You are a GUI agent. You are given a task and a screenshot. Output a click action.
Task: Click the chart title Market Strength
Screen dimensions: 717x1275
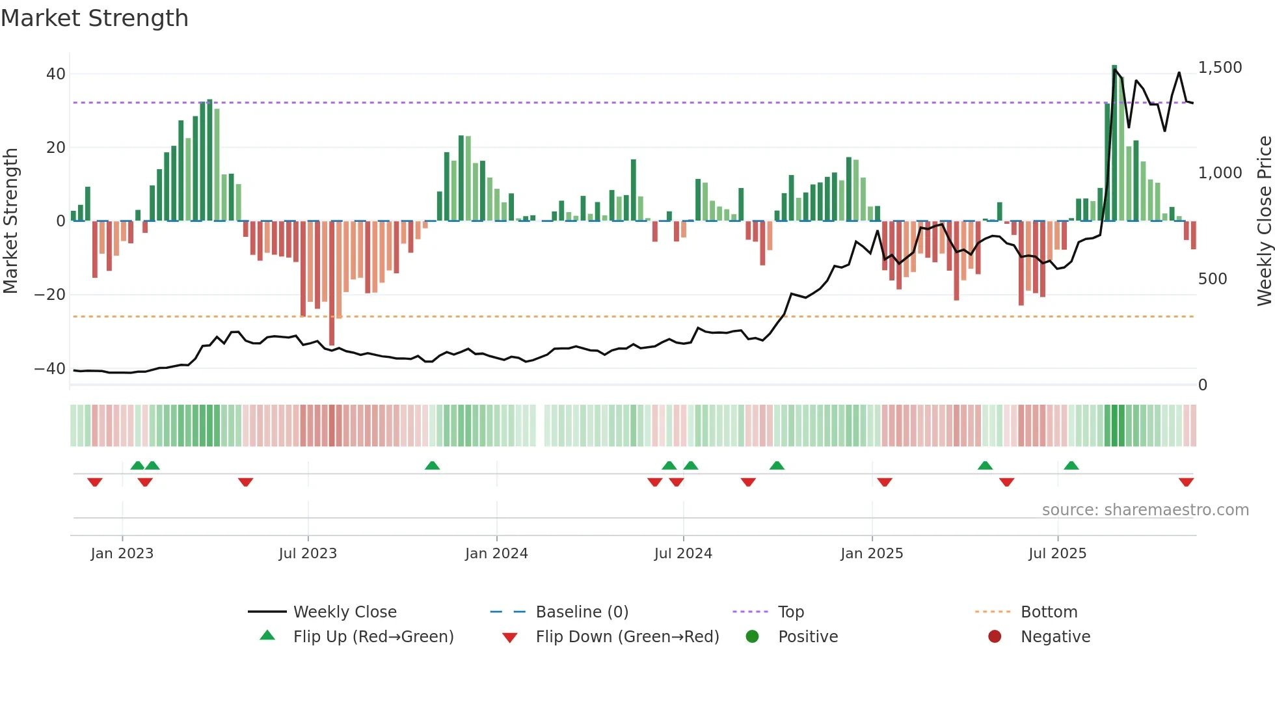tap(94, 18)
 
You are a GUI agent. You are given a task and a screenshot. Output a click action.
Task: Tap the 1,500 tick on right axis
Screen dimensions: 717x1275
tap(1220, 68)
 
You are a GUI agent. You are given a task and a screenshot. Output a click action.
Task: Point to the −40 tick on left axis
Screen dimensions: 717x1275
tap(49, 369)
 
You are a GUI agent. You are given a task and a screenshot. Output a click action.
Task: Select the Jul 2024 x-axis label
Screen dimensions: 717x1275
tap(683, 554)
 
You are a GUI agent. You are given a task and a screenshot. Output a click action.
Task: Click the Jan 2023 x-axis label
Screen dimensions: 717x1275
tap(122, 554)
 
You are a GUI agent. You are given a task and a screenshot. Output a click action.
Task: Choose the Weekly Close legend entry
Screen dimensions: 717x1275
tap(344, 612)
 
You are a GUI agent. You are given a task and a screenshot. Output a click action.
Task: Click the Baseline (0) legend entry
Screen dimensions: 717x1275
tap(582, 612)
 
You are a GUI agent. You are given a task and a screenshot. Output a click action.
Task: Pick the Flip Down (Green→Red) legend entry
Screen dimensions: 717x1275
tap(627, 637)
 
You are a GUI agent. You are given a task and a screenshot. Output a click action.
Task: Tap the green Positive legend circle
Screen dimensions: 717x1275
tap(752, 637)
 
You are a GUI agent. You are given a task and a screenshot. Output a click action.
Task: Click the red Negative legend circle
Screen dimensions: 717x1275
tap(995, 637)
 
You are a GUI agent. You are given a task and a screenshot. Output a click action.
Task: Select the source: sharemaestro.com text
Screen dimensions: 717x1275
tap(1145, 510)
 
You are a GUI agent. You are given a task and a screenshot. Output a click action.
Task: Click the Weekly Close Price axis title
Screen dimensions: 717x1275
tap(1264, 221)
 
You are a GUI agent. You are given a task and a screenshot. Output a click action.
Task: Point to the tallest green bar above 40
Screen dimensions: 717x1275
tap(1114, 143)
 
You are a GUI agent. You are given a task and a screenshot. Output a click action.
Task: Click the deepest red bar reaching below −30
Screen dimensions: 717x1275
tap(332, 283)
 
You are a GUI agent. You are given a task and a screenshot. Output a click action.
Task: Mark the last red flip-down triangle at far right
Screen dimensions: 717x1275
tap(1186, 482)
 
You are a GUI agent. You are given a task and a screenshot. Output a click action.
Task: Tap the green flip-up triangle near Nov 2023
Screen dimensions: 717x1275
tap(432, 465)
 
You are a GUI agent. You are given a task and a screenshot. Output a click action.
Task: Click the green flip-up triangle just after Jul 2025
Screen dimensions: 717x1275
tap(1071, 465)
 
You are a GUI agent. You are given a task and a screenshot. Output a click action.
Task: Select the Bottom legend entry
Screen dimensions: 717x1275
tap(1049, 612)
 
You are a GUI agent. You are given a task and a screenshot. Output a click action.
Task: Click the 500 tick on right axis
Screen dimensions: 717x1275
tap(1213, 279)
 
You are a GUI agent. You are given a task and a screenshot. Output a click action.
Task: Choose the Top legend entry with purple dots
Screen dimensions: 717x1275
tap(790, 612)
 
